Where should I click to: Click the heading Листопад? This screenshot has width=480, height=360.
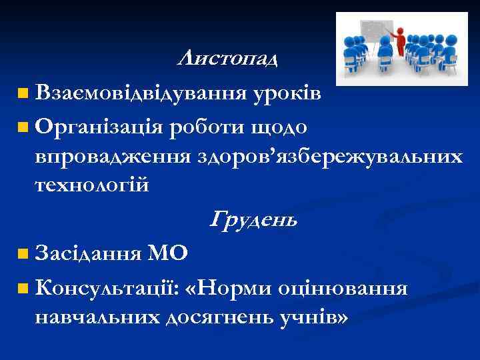coord(228,59)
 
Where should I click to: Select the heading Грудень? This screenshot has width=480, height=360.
coord(253,219)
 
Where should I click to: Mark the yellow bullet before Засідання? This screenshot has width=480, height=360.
coord(24,254)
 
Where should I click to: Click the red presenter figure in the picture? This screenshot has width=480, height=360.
coord(401,42)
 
